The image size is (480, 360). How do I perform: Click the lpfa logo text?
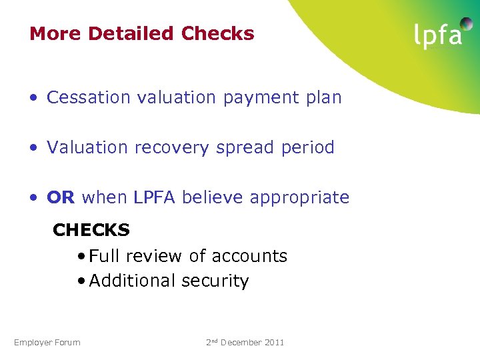(437, 36)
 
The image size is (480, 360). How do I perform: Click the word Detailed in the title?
(131, 33)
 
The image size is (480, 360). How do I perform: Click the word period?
(308, 147)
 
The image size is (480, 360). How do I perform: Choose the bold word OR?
(61, 197)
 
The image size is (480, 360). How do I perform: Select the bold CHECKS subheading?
(91, 230)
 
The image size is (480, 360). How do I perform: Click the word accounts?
(249, 256)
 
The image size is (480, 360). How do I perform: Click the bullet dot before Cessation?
(33, 98)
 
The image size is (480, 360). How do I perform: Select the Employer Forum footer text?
(47, 343)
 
